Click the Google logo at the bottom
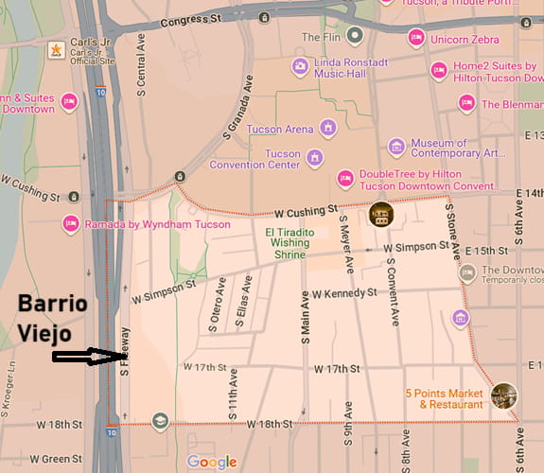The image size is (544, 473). tap(212, 462)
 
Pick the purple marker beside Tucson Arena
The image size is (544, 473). tap(328, 128)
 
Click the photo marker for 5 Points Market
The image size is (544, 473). tap(504, 395)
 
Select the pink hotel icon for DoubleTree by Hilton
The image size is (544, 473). tap(346, 178)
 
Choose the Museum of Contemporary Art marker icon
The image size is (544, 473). tap(396, 147)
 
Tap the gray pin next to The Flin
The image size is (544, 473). tap(355, 37)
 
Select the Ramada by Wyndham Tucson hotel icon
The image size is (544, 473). tap(70, 224)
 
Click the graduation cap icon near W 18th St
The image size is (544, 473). tap(160, 421)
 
